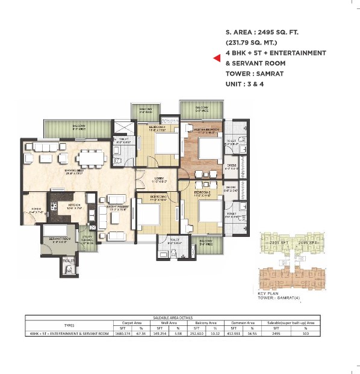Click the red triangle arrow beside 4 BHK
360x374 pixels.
(217, 58)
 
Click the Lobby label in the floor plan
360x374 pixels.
(158, 179)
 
